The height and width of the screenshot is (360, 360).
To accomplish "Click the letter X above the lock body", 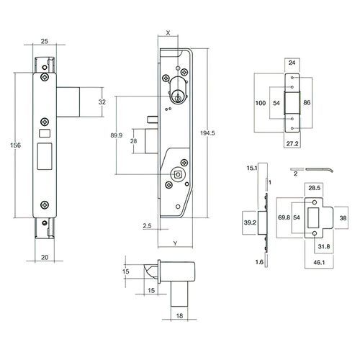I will (168, 33).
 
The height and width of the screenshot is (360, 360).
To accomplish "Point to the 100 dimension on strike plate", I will (261, 104).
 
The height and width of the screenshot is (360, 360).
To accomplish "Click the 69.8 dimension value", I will (283, 216).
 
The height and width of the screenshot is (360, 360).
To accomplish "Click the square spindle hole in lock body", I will (176, 174).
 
